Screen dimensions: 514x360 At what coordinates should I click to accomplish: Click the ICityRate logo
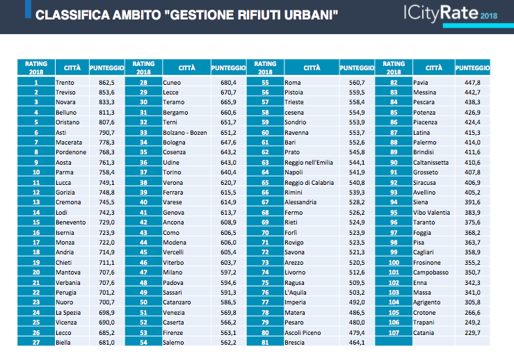point(451,14)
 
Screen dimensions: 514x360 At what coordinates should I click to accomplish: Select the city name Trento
point(65,83)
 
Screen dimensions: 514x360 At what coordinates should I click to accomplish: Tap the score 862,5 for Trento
point(106,83)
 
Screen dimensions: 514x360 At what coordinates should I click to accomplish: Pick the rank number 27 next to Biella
point(36,343)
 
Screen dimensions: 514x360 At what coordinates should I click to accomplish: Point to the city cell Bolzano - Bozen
point(185,133)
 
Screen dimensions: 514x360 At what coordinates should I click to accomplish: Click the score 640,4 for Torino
point(228,172)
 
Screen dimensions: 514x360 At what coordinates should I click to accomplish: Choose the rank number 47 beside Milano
point(143,272)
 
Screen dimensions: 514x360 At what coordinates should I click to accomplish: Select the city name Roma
point(292,83)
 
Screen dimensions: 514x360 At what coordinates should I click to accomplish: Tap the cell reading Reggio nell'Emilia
point(308,163)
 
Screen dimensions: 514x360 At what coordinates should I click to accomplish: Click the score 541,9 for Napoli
point(357,172)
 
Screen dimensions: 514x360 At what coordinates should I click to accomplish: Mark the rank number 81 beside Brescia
point(265,343)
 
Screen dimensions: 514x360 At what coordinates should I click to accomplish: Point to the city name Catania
point(424,333)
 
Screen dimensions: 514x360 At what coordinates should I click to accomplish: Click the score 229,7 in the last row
point(472,333)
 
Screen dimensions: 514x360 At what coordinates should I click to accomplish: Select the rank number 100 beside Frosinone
point(394,263)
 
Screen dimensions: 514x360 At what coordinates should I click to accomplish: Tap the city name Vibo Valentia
point(431,213)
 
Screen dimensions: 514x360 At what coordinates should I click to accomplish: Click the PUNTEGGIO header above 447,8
point(472,68)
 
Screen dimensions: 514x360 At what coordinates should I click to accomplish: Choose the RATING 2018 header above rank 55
point(265,68)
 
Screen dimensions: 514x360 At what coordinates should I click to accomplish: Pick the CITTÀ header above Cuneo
point(187,68)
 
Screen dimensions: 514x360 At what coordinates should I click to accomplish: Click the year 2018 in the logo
point(489,16)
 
